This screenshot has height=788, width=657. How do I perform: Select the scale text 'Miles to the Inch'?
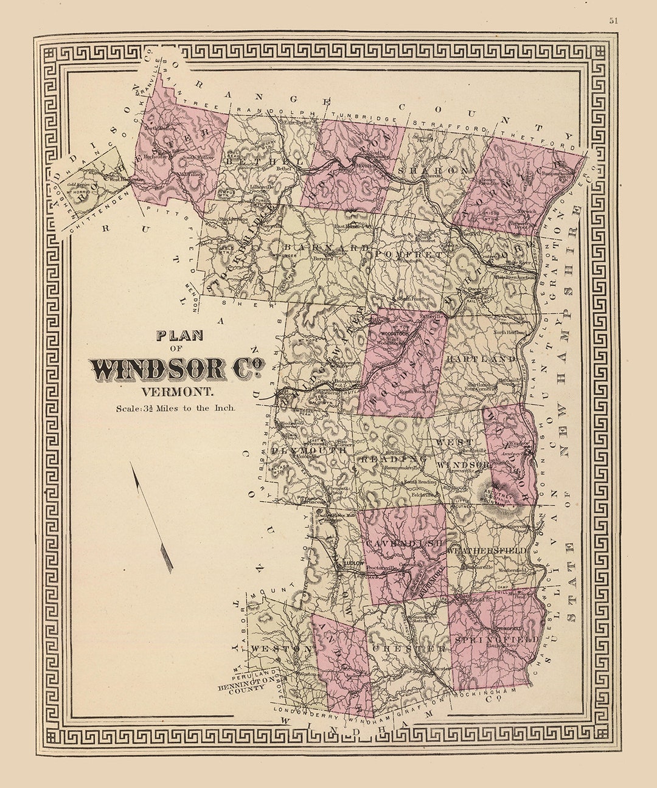coord(195,409)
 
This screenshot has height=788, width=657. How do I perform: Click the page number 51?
coord(613,20)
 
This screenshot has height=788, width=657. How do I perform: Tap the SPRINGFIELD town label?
coord(496,640)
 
